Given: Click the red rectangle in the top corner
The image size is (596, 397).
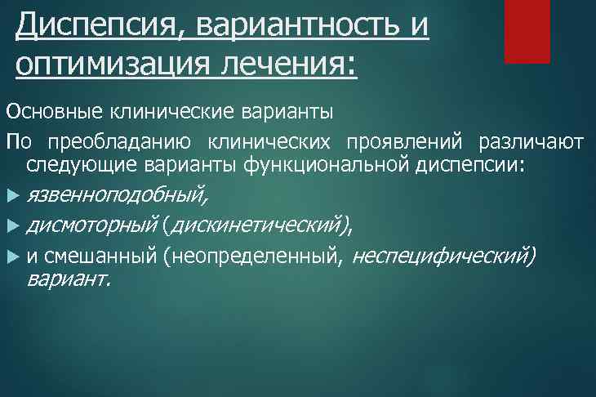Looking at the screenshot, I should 527,31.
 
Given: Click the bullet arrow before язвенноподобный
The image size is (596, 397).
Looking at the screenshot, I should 11,196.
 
